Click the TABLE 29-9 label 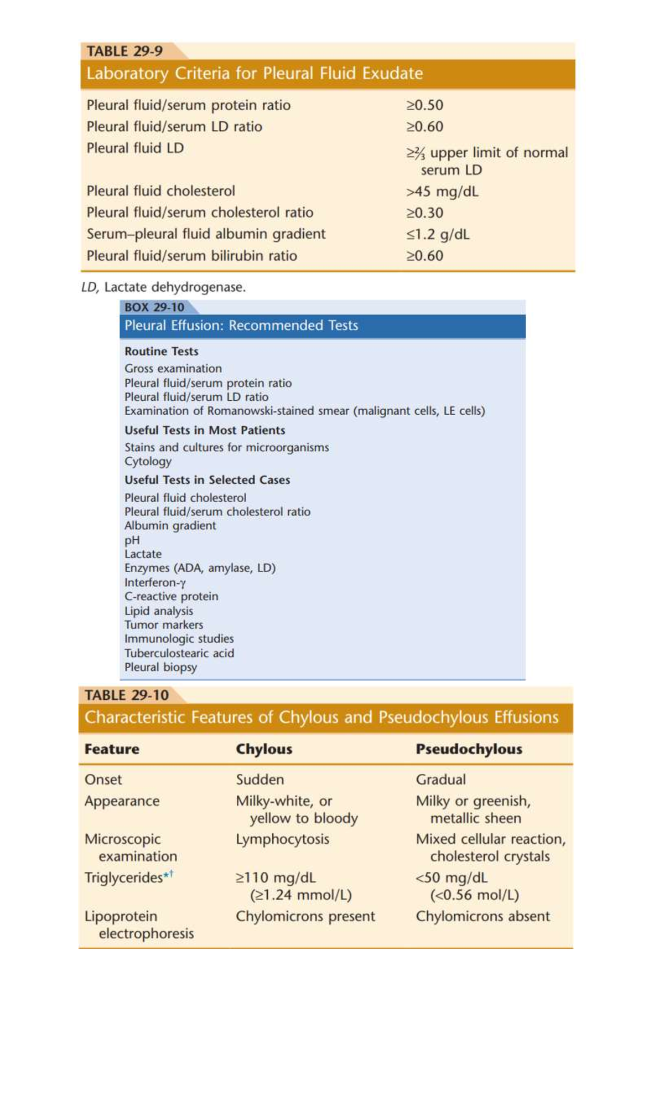[124, 51]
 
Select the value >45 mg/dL [442, 192]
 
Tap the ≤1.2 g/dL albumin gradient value [438, 234]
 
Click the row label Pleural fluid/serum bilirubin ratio [191, 256]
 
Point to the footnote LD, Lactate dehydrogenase [163, 287]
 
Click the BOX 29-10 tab [154, 307]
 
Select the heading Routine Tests [161, 351]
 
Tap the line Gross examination [173, 368]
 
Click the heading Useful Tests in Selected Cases [207, 480]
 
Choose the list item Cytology [148, 461]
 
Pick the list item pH [132, 540]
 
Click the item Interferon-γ [155, 582]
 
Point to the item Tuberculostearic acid [179, 653]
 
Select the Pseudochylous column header [469, 749]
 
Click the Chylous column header [264, 749]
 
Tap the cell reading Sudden [260, 780]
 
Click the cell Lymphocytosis [282, 839]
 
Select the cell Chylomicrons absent [483, 916]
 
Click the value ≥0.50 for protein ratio [424, 105]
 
